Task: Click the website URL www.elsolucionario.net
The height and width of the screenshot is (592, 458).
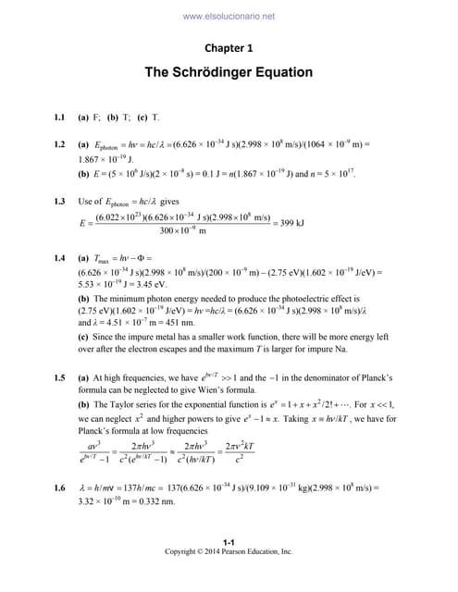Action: click(229, 16)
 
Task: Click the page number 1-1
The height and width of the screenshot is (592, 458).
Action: click(228, 542)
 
